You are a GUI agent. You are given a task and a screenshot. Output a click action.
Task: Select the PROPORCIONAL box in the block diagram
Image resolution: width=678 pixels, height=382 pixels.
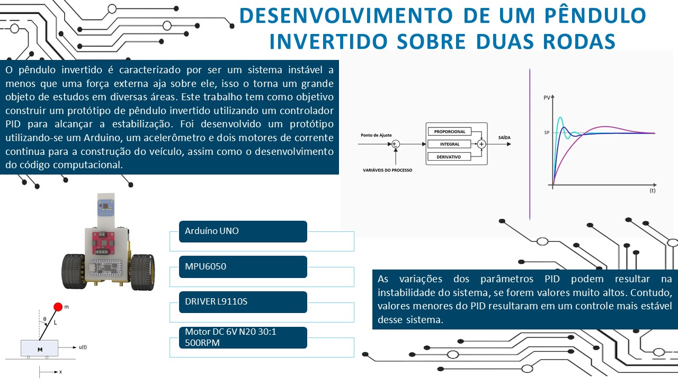tap(450, 132)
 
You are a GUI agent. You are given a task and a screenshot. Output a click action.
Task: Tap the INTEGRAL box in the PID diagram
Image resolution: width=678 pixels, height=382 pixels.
tap(450, 144)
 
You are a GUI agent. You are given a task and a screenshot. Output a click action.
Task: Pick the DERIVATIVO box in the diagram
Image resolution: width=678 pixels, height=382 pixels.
tap(450, 157)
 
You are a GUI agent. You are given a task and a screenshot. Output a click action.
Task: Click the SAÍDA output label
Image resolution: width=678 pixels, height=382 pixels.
tap(504, 137)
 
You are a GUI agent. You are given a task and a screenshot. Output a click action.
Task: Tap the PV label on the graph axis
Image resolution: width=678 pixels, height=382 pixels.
tap(547, 98)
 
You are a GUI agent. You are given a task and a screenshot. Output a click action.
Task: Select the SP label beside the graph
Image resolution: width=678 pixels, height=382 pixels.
tap(547, 133)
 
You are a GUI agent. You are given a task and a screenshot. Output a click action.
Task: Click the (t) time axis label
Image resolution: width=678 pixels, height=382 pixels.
tap(652, 189)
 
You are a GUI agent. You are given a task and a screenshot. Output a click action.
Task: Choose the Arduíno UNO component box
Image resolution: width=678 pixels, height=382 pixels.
tap(243, 231)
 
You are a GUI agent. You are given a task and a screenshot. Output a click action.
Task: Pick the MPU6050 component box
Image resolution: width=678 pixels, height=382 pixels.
tap(243, 266)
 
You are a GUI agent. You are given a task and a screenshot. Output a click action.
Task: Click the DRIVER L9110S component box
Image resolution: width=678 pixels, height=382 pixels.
tap(243, 302)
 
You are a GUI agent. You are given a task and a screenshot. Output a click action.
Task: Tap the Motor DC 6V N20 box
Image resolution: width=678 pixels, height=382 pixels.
tap(243, 337)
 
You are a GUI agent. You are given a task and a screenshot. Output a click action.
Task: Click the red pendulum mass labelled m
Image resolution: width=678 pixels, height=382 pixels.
tap(58, 306)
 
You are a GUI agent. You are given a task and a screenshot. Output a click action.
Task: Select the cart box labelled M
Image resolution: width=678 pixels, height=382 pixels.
tap(40, 349)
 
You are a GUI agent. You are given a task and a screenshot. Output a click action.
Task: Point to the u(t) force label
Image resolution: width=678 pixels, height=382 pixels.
tap(83, 347)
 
